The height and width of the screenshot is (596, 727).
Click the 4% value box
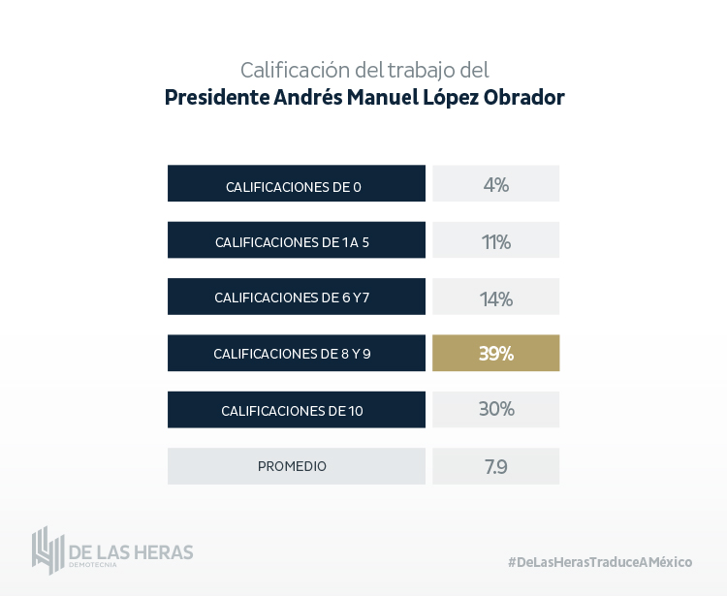(x=495, y=184)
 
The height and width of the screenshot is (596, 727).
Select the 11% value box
(x=495, y=241)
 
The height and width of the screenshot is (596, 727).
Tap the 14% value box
(x=495, y=298)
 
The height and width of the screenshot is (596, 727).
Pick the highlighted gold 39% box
(x=495, y=354)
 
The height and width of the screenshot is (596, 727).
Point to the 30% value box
(x=495, y=410)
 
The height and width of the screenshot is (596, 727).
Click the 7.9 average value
(x=495, y=466)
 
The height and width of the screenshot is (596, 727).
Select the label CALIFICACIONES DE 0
(x=294, y=186)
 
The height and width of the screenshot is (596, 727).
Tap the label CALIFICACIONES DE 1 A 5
(x=294, y=242)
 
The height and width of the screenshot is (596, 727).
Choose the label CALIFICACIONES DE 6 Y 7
(x=294, y=298)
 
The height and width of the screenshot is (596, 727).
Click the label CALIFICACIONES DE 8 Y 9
(x=294, y=355)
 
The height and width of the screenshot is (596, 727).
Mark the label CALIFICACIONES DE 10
(x=294, y=411)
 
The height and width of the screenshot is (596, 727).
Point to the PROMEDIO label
(x=294, y=466)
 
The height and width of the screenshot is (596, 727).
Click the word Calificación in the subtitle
(x=293, y=70)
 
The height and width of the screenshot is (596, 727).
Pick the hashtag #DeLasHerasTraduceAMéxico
(x=599, y=562)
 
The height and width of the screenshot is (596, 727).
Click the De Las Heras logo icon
(x=47, y=549)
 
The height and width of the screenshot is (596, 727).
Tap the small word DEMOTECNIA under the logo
(x=92, y=565)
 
